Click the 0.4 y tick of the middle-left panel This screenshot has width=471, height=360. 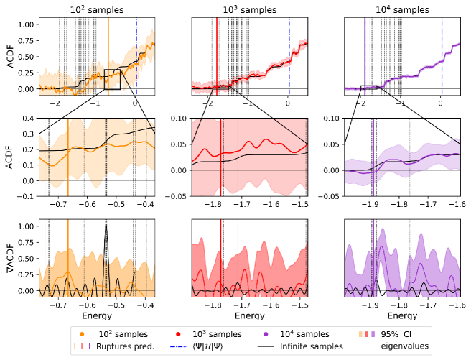tap(30, 118)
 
